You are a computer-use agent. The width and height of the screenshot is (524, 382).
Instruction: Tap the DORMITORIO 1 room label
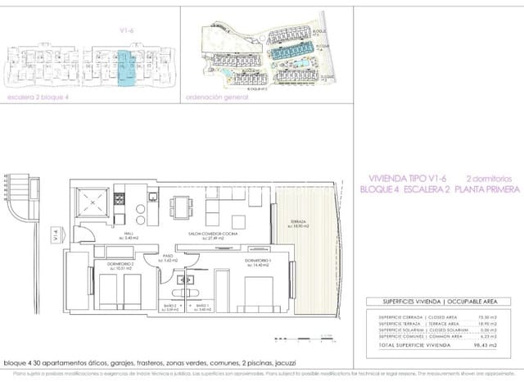pyautogui.click(x=257, y=261)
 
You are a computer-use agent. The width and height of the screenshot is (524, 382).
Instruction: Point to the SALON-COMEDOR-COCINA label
pyautogui.click(x=212, y=234)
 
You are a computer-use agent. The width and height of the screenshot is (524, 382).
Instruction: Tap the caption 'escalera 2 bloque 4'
pyautogui.click(x=39, y=96)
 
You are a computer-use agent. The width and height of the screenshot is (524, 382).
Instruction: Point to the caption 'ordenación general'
pyautogui.click(x=218, y=96)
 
